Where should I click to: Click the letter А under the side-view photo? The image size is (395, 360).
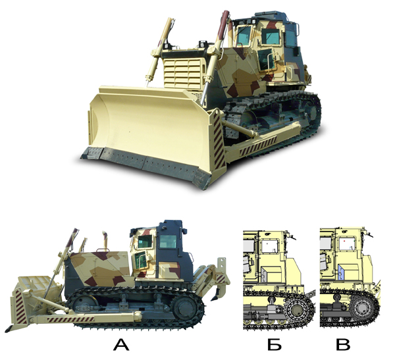[121, 345]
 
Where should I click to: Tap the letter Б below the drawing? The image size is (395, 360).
[275, 345]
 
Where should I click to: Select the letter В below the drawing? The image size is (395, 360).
[343, 345]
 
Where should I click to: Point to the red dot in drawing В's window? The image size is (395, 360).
[344, 241]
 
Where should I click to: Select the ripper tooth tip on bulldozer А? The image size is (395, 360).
[213, 299]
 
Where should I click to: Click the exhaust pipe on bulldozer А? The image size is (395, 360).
[105, 241]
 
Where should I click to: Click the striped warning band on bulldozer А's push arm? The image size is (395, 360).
[71, 319]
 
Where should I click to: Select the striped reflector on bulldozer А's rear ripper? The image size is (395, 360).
[221, 278]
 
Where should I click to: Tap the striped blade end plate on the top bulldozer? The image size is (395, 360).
[219, 141]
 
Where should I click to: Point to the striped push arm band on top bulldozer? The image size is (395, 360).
[258, 145]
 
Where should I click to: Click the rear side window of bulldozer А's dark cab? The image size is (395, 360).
[168, 242]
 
